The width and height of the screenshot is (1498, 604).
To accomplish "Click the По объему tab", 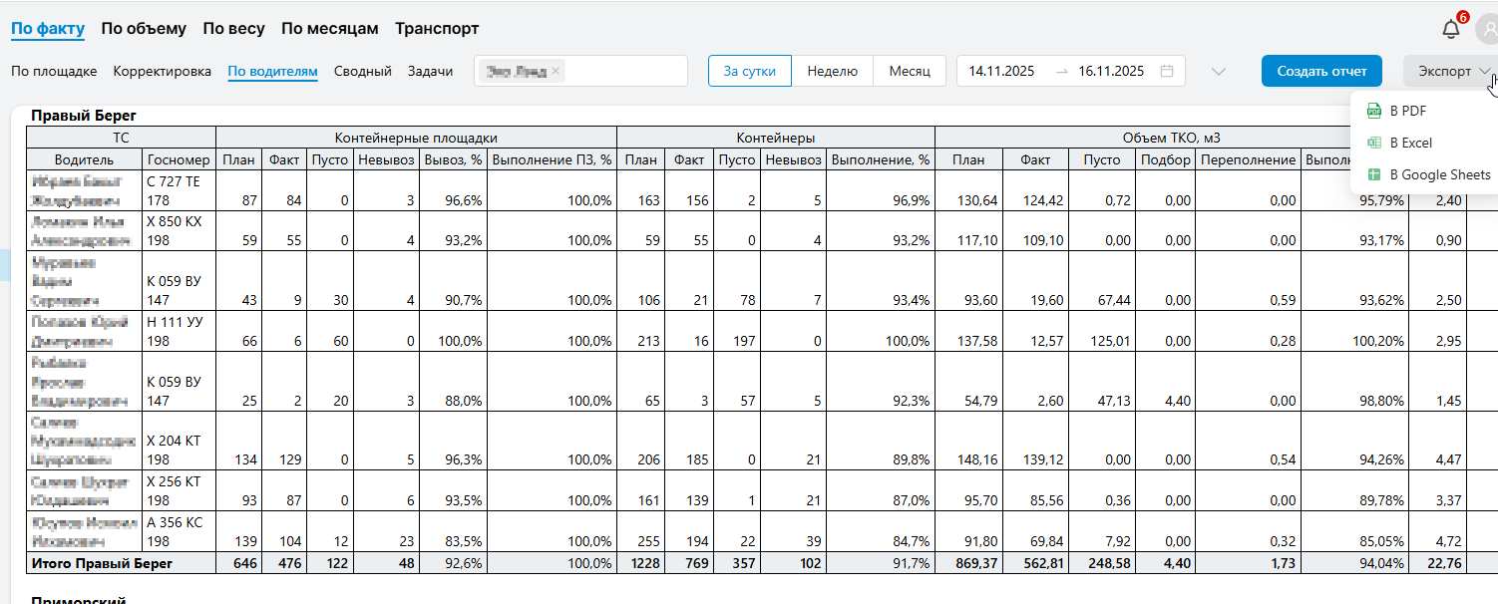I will [x=144, y=29].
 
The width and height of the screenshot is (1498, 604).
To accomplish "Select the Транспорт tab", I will [x=437, y=29].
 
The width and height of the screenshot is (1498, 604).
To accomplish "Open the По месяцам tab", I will [x=329, y=29].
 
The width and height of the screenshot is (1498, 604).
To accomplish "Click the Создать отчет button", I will [x=1321, y=72].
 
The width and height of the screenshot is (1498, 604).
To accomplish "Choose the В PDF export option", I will [x=1407, y=111].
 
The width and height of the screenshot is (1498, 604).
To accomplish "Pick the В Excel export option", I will [x=1410, y=143].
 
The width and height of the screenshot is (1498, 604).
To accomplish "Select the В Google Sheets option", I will [x=1439, y=174].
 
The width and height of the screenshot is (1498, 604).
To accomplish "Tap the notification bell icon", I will [x=1451, y=29].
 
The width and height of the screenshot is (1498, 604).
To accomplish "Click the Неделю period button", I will [x=833, y=72].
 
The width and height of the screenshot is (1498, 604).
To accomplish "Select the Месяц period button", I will [x=910, y=72].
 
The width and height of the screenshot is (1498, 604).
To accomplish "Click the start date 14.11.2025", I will [x=1001, y=72].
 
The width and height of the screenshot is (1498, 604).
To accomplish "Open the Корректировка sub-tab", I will [x=163, y=72].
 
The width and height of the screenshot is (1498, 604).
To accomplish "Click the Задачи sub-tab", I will [x=430, y=72].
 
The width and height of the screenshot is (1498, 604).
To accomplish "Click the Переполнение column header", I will [x=1248, y=159].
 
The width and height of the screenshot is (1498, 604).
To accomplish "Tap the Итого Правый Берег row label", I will [x=102, y=564].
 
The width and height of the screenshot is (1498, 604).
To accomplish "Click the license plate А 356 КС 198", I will [x=174, y=530].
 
